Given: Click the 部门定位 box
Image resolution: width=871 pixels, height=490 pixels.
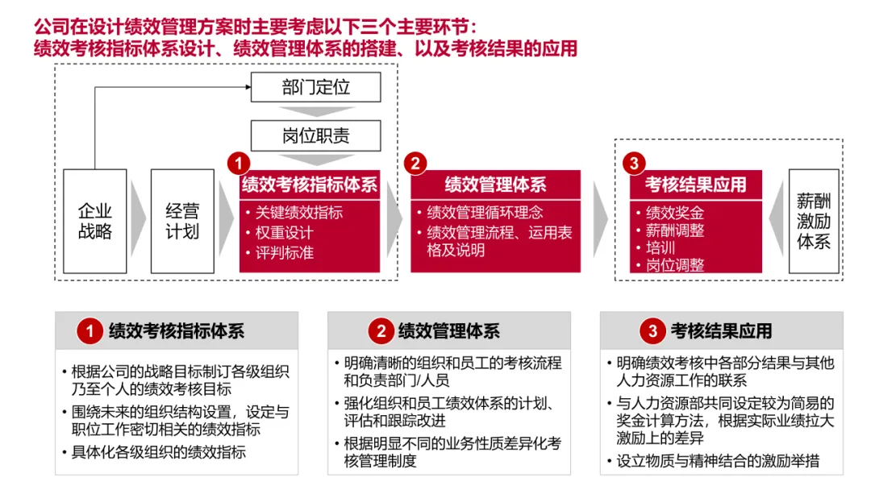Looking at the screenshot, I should pyautogui.click(x=315, y=87).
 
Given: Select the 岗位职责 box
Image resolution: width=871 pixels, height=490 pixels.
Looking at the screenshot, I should pyautogui.click(x=315, y=135).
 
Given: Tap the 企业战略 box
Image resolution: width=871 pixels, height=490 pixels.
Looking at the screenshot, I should pyautogui.click(x=95, y=221).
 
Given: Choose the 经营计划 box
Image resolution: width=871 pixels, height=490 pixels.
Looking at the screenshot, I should pyautogui.click(x=182, y=221).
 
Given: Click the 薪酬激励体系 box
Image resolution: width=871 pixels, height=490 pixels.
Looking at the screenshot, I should pyautogui.click(x=813, y=221).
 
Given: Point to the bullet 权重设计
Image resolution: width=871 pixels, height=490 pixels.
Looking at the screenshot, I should pyautogui.click(x=284, y=233).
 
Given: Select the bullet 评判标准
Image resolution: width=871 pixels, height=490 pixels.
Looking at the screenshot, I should pyautogui.click(x=284, y=252).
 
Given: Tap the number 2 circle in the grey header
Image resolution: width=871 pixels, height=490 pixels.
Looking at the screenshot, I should pyautogui.click(x=381, y=331).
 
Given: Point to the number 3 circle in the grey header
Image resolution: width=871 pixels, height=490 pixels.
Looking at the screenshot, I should pyautogui.click(x=652, y=331).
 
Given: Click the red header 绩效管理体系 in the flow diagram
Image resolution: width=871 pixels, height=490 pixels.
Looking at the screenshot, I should pyautogui.click(x=495, y=185).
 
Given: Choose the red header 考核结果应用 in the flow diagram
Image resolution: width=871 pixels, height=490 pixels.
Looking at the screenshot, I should pyautogui.click(x=695, y=185).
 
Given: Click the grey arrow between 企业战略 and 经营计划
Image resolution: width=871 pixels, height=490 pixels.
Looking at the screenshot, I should pyautogui.click(x=138, y=221).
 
